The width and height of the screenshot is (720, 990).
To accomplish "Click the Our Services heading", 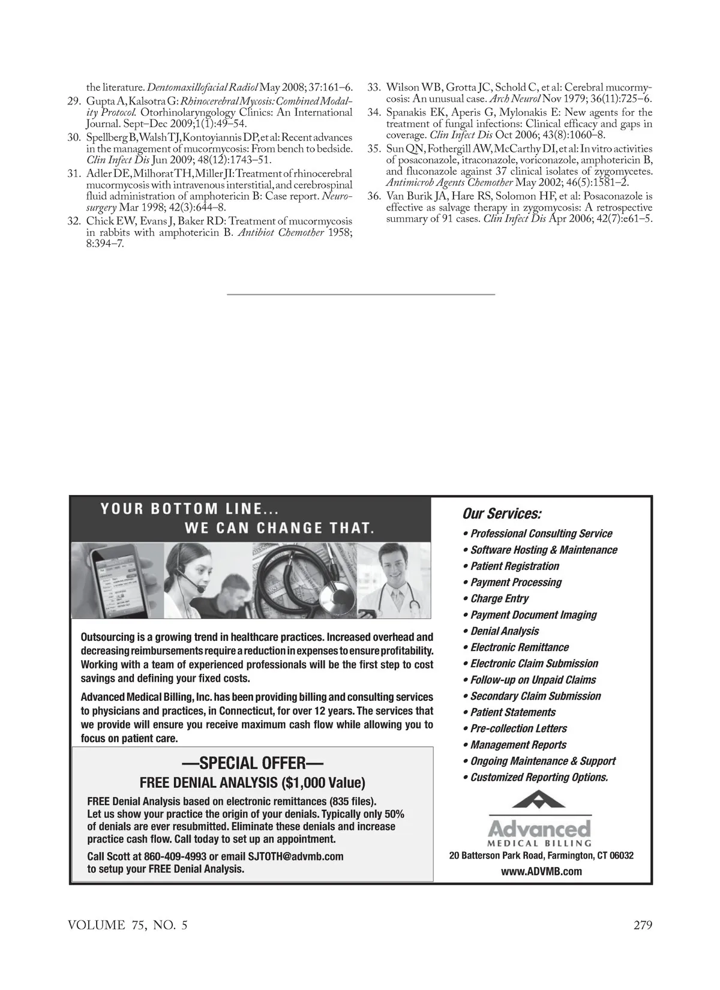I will coord(502,514).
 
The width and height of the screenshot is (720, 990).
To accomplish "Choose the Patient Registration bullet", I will coord(514,566).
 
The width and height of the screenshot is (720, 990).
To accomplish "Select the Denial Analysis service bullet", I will coord(504,631).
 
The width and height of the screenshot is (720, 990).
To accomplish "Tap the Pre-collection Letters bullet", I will coord(518,728).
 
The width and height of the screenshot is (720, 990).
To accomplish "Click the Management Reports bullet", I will coord(518,745).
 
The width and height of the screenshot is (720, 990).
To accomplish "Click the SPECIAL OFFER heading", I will coord(252,764).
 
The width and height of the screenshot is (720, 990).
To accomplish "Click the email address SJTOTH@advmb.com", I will coord(295,856).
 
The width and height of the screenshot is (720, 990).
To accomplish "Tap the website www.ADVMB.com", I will coord(541,871).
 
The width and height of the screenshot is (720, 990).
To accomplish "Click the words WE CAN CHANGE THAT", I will coord(280,528).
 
